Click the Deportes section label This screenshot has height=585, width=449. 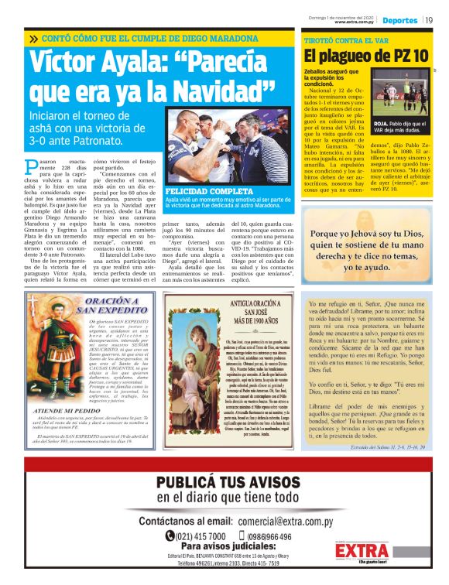coord(400,20)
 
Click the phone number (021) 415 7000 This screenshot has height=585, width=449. coord(200,536)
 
